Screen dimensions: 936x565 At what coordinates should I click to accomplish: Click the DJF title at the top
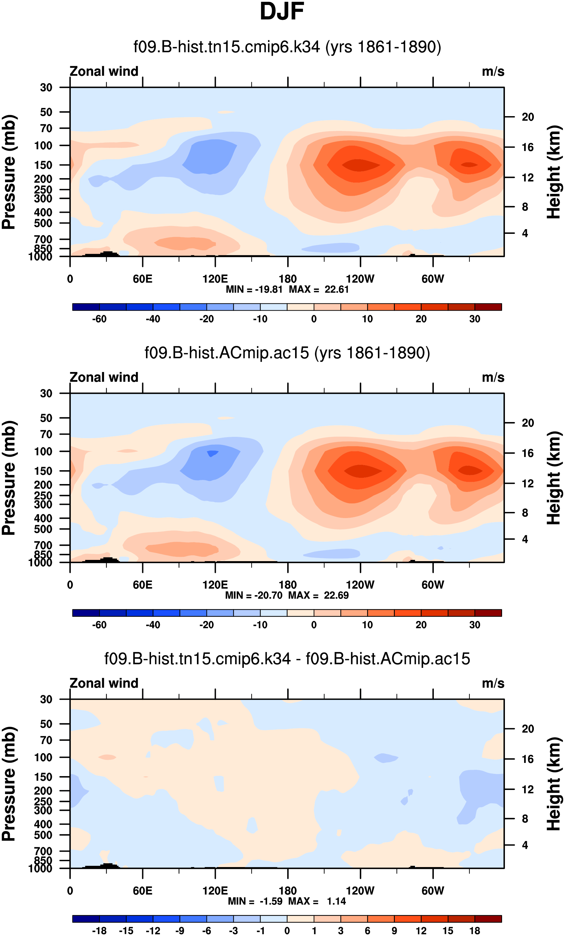[x=282, y=12]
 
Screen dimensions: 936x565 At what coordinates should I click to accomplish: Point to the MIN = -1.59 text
[x=255, y=901]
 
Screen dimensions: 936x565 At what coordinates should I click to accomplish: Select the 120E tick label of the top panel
[x=215, y=279]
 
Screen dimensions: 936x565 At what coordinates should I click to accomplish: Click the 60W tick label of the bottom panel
[x=433, y=891]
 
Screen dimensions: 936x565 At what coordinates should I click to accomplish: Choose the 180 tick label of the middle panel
[x=288, y=585]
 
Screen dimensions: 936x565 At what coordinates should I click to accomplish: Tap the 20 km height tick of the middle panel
[x=528, y=423]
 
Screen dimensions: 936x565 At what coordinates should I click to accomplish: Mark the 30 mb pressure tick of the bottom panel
[x=46, y=699]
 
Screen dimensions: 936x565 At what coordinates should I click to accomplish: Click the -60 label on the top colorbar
[x=99, y=319]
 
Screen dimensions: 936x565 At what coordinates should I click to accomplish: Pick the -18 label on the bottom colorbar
[x=99, y=931]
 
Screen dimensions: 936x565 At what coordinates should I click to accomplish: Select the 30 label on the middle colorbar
[x=475, y=625]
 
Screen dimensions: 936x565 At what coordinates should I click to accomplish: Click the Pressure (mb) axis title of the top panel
[x=9, y=172]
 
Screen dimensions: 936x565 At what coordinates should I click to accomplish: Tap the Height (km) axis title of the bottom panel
[x=554, y=784]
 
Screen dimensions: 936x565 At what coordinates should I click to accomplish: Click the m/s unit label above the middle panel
[x=493, y=378]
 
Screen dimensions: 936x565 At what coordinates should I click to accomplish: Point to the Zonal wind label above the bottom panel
[x=104, y=683]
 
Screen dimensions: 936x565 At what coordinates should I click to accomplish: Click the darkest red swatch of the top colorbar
[x=488, y=307]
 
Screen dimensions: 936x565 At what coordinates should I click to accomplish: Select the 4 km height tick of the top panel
[x=525, y=233]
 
